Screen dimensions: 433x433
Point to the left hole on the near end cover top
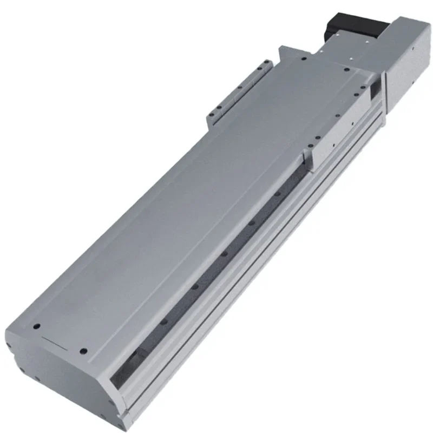(36, 327)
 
